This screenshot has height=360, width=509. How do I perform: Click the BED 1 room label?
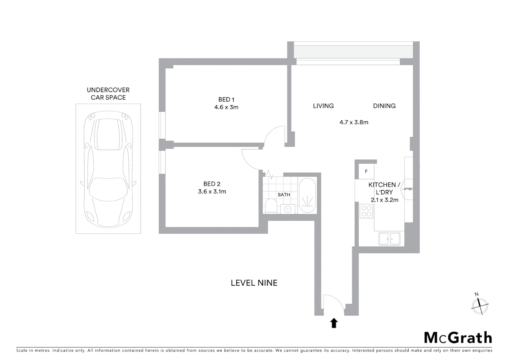click(x=226, y=99)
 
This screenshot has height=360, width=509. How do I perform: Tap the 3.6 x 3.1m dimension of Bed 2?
click(x=212, y=192)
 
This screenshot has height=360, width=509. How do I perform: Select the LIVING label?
click(x=323, y=106)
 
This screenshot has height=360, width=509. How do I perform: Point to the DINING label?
click(x=384, y=106)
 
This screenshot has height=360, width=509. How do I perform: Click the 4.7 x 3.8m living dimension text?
click(x=354, y=122)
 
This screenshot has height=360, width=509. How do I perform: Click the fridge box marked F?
click(x=366, y=172)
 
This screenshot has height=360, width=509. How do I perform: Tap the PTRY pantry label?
click(x=408, y=189)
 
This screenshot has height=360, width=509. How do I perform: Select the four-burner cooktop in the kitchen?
click(x=366, y=211)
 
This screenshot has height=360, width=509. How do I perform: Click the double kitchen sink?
click(x=389, y=239)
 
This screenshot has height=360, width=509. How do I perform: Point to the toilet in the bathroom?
click(x=270, y=206)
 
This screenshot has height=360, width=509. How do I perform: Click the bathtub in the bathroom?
click(x=307, y=196)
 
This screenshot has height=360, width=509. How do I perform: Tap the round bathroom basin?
click(x=287, y=209)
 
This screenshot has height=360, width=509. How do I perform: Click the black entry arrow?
click(x=334, y=323)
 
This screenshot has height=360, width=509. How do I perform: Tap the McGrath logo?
click(x=458, y=338)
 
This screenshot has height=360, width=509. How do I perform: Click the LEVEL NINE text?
click(x=254, y=283)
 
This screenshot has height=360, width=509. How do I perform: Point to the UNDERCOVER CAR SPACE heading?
click(x=108, y=94)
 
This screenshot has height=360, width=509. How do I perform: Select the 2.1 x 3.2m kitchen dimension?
click(x=384, y=200)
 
